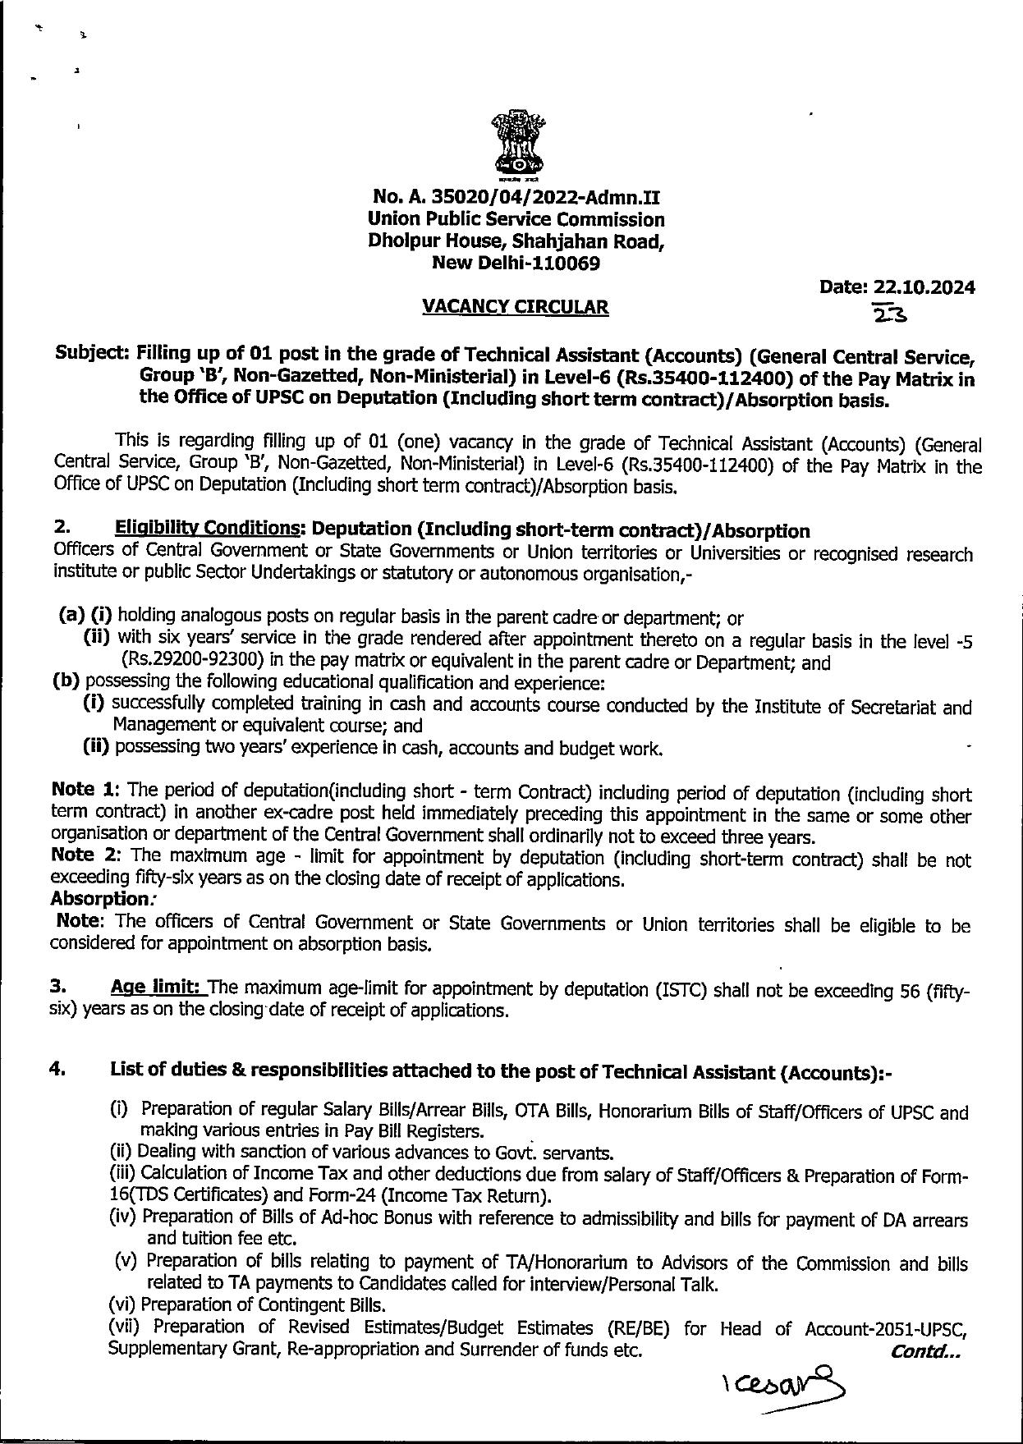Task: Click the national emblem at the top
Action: tap(515, 144)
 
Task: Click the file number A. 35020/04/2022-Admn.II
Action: tap(516, 198)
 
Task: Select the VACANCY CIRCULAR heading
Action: tap(516, 307)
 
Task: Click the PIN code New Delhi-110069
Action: tap(516, 264)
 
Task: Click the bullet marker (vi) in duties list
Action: tap(122, 1304)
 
